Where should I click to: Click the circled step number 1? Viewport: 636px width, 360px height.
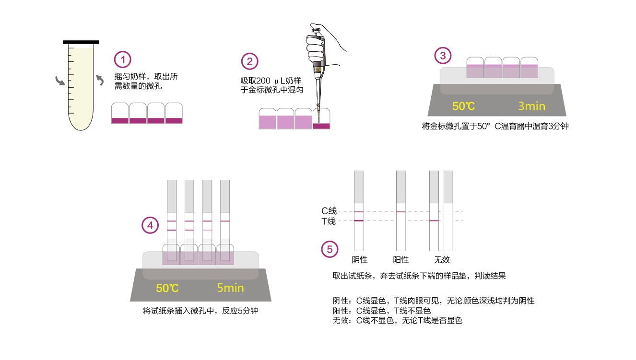tap(123, 60)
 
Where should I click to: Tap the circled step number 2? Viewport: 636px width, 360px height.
tap(249, 61)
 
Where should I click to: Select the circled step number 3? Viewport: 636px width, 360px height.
tap(443, 56)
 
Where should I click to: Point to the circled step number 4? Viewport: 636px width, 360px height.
tap(151, 225)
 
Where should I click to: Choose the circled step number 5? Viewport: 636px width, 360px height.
tap(330, 249)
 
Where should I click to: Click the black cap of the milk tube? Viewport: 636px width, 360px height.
tap(81, 42)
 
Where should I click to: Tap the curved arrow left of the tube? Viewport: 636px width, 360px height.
tap(60, 81)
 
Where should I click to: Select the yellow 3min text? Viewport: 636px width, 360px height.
tap(531, 106)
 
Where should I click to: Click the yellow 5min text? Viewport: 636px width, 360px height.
tap(230, 288)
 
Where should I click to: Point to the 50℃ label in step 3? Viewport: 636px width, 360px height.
tap(463, 106)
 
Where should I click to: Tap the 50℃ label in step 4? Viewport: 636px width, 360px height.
tap(167, 289)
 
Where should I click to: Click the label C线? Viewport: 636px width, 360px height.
tap(329, 211)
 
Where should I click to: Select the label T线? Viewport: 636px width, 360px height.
tap(329, 221)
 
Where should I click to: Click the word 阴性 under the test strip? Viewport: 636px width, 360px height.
tap(359, 260)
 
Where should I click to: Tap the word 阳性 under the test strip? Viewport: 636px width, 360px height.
tap(400, 260)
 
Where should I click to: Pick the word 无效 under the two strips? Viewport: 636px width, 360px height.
tap(442, 260)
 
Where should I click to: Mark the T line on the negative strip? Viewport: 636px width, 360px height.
tap(359, 221)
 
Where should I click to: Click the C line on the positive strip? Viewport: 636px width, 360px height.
tap(401, 211)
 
